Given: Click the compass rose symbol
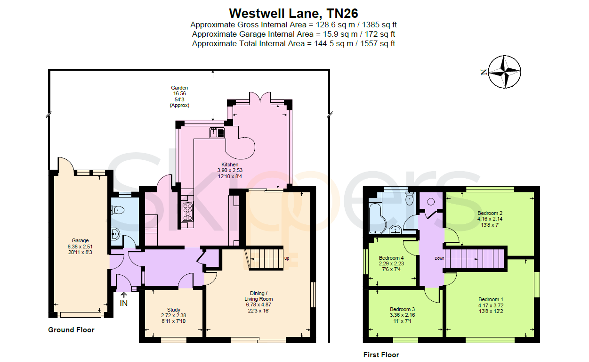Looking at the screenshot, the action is pyautogui.click(x=504, y=72).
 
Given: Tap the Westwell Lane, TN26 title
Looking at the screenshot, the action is pyautogui.click(x=293, y=13).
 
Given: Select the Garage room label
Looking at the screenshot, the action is pyautogui.click(x=80, y=240).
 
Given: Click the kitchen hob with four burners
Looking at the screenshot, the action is pyautogui.click(x=187, y=211).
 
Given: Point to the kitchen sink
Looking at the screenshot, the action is pyautogui.click(x=217, y=132).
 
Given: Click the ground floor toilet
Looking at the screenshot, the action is pyautogui.click(x=118, y=210).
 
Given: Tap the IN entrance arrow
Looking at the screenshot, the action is pyautogui.click(x=123, y=295).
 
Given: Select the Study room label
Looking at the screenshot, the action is pyautogui.click(x=174, y=310).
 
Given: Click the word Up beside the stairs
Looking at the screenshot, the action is pyautogui.click(x=287, y=258).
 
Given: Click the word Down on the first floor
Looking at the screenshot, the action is pyautogui.click(x=439, y=258).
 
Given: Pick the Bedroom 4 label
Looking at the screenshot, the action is pyautogui.click(x=391, y=258).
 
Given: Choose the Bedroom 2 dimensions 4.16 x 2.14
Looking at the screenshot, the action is pyautogui.click(x=490, y=219).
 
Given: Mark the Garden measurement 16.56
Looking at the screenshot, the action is pyautogui.click(x=179, y=93).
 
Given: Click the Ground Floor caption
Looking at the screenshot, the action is pyautogui.click(x=71, y=330).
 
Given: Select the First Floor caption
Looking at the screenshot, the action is pyautogui.click(x=381, y=355).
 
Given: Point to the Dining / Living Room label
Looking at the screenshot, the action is pyautogui.click(x=258, y=296).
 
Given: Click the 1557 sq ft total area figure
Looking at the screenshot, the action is pyautogui.click(x=378, y=43).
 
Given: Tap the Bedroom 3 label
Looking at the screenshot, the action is pyautogui.click(x=402, y=309).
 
